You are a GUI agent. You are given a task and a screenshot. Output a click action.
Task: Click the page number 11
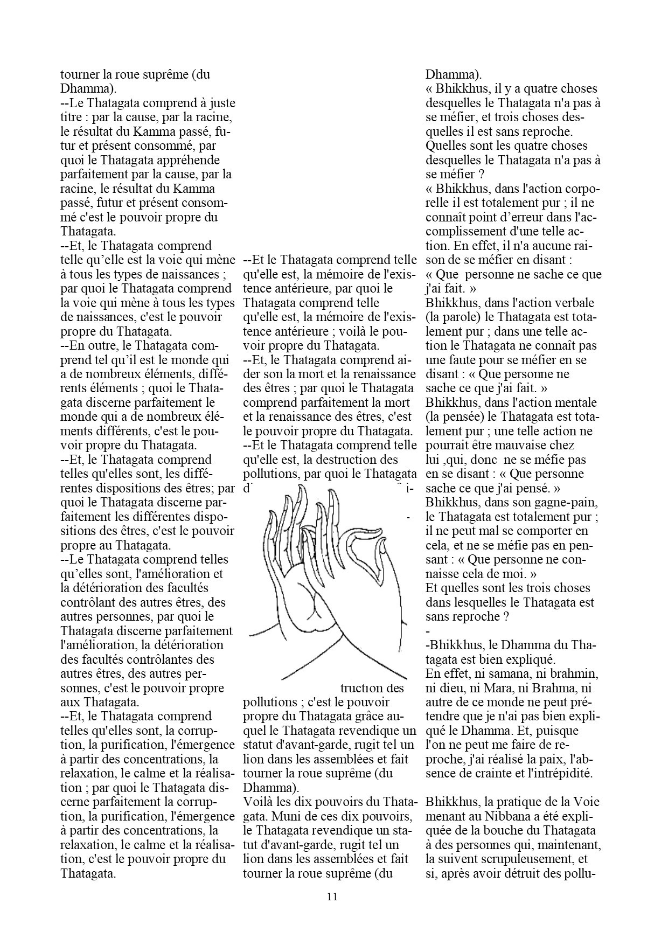(332, 897)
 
